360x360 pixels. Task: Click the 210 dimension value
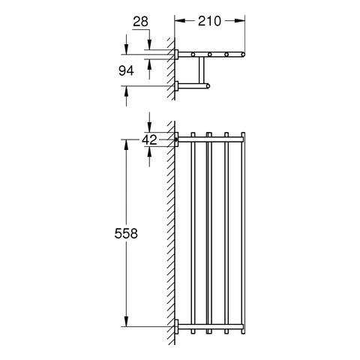click(x=209, y=22)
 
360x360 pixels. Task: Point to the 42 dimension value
click(x=149, y=139)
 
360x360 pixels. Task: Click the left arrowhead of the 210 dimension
click(x=178, y=22)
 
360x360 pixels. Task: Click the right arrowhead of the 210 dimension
click(x=241, y=22)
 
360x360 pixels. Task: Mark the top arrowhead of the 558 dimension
click(x=125, y=142)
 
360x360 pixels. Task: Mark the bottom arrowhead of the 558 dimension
click(x=125, y=323)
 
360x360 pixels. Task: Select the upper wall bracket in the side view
click(x=178, y=55)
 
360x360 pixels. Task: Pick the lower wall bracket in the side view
click(x=178, y=86)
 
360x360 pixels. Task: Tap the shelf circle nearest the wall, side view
click(x=193, y=55)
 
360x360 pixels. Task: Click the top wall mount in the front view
click(x=177, y=139)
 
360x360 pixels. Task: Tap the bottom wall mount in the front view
click(x=177, y=326)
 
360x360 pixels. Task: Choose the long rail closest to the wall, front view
click(x=193, y=232)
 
